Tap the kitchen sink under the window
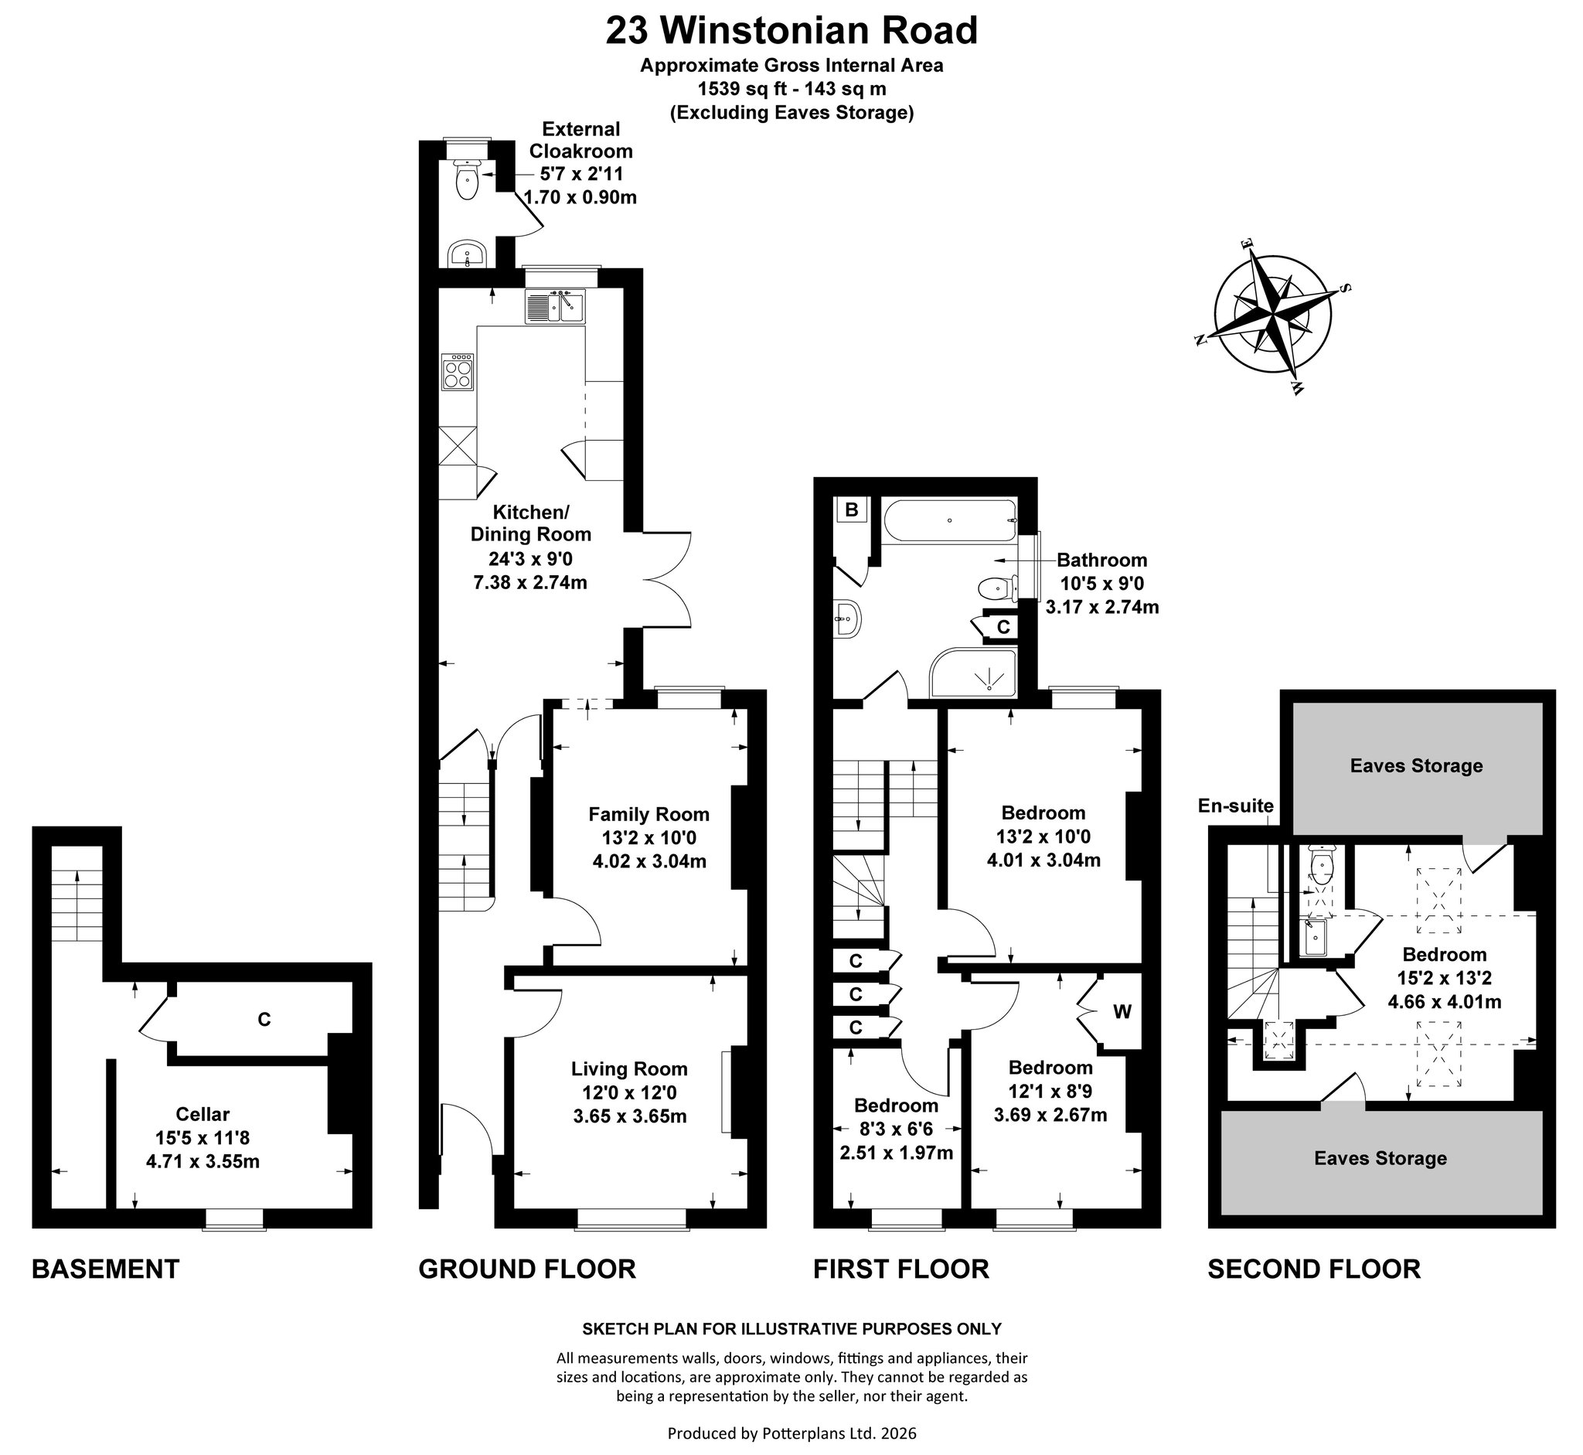click(x=555, y=305)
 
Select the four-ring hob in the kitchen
click(x=458, y=372)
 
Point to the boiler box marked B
click(x=851, y=509)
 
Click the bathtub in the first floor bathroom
click(x=950, y=520)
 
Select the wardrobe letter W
click(x=1122, y=1012)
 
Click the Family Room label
click(x=649, y=814)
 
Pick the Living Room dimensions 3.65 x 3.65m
click(x=630, y=1116)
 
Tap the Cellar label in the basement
click(x=203, y=1114)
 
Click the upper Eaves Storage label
click(x=1416, y=765)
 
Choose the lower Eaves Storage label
click(x=1380, y=1158)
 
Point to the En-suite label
click(x=1235, y=806)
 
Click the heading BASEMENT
click(x=105, y=1269)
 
